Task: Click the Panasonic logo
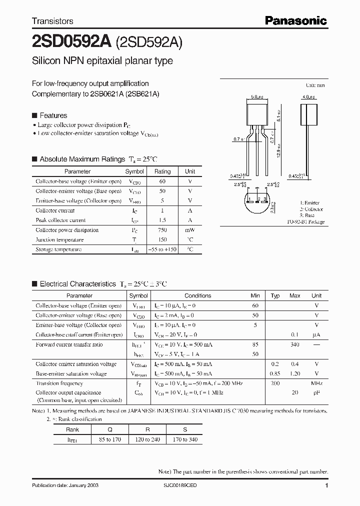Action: [x=295, y=20]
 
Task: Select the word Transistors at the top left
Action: [x=52, y=21]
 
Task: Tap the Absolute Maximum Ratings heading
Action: [x=82, y=159]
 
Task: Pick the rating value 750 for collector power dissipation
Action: [x=161, y=230]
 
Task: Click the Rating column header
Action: [x=162, y=171]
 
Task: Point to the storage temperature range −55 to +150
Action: [x=161, y=249]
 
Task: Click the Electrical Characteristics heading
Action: [x=77, y=283]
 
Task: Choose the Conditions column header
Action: [x=197, y=295]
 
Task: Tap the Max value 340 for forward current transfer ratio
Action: [x=295, y=344]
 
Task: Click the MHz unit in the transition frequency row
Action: [x=316, y=383]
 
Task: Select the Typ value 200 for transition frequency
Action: [x=275, y=383]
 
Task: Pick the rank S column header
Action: [x=184, y=429]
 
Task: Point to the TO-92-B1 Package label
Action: [x=305, y=221]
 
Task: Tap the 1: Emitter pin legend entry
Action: [x=310, y=203]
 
